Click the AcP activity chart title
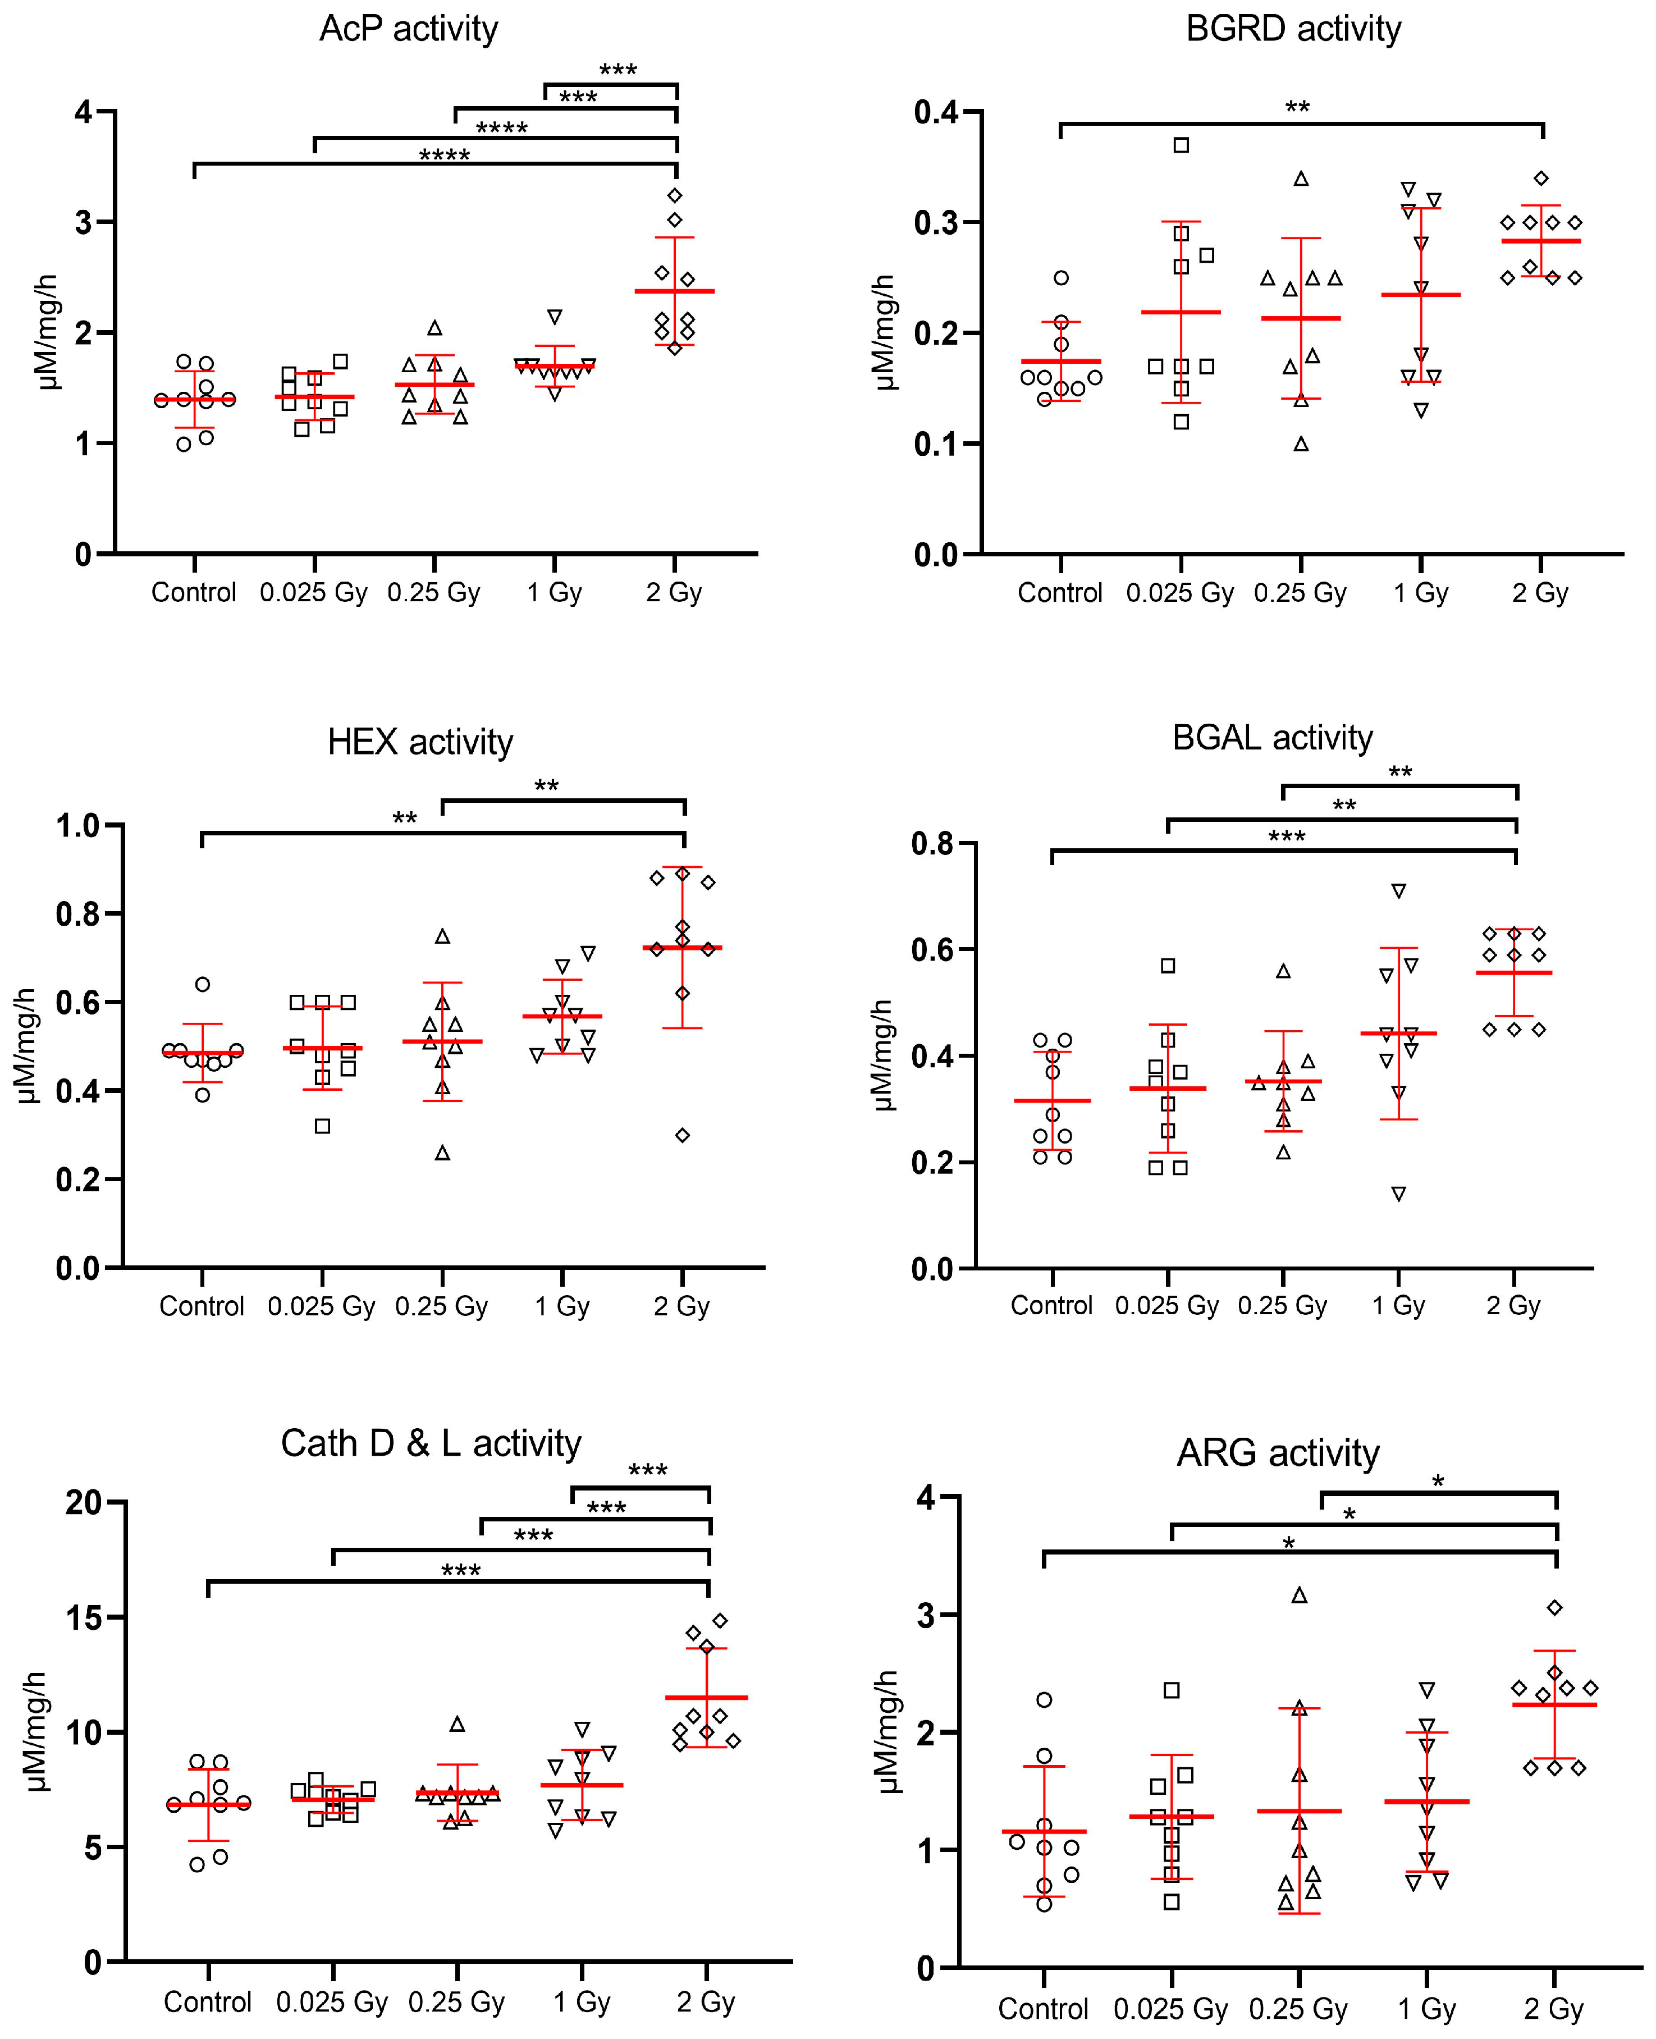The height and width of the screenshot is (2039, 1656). click(x=408, y=29)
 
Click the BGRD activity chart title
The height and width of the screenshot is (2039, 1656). click(x=1293, y=29)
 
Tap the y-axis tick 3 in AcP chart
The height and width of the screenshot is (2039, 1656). click(x=84, y=222)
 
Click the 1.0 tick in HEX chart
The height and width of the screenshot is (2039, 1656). click(x=77, y=825)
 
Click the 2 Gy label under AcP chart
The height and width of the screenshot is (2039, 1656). click(x=674, y=592)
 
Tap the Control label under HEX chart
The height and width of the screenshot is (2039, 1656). click(x=202, y=1305)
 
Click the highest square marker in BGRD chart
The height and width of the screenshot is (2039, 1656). click(x=1181, y=145)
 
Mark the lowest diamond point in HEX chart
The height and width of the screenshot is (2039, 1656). click(x=682, y=1135)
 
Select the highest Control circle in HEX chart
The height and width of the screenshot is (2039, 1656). click(x=202, y=984)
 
